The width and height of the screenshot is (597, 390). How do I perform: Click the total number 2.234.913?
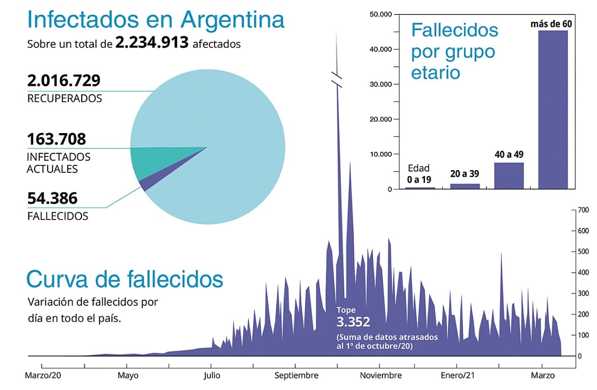pyautogui.click(x=152, y=43)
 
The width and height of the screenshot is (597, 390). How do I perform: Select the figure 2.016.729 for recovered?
pyautogui.click(x=63, y=80)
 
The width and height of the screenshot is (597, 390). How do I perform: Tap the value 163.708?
pyautogui.click(x=56, y=139)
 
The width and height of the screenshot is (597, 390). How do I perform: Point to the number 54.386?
pyautogui.click(x=52, y=199)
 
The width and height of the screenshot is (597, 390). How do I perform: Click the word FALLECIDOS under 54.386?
pyautogui.click(x=57, y=216)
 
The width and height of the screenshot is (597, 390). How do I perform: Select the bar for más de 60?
pyautogui.click(x=553, y=109)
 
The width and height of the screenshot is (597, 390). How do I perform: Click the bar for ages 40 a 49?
pyautogui.click(x=508, y=176)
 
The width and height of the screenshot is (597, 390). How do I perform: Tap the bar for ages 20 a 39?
pyautogui.click(x=465, y=186)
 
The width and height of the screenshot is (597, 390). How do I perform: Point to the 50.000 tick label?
pyautogui.click(x=381, y=14)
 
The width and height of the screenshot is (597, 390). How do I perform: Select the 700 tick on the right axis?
pyautogui.click(x=583, y=210)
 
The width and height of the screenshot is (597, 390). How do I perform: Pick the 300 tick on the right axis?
pyautogui.click(x=583, y=293)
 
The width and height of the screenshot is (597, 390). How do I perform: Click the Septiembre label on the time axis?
pyautogui.click(x=296, y=376)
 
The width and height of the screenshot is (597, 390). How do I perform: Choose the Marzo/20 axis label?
pyautogui.click(x=43, y=376)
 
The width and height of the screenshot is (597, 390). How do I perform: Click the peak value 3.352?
pyautogui.click(x=353, y=322)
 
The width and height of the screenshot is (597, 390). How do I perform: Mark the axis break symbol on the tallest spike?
pyautogui.click(x=337, y=79)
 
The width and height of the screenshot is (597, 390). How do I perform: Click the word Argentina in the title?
pyautogui.click(x=232, y=20)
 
